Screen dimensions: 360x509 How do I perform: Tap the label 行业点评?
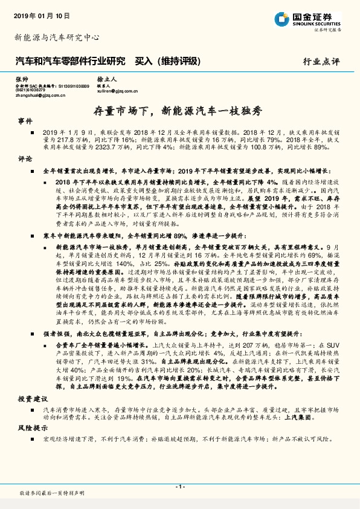[x=322, y=61]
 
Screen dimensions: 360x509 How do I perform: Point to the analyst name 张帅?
[x=22, y=80]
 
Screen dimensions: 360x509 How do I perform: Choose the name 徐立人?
[x=106, y=80]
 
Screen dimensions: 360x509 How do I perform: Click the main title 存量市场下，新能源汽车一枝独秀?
[x=179, y=110]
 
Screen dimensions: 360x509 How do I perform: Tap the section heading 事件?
[x=24, y=122]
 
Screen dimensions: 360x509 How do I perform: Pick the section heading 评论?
[x=24, y=158]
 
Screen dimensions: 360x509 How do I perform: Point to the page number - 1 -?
[x=179, y=486]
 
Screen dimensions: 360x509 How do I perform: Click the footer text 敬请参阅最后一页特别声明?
[x=52, y=493]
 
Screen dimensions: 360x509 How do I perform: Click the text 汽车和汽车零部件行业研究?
[x=69, y=60]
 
